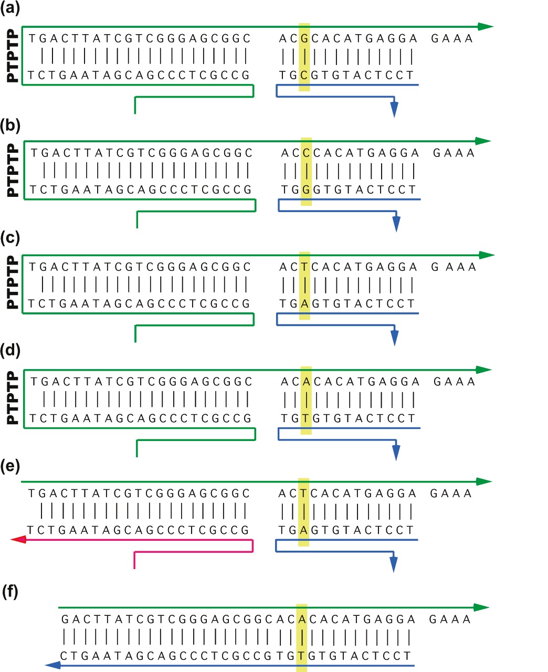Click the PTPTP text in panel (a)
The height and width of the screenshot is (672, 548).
click(12, 57)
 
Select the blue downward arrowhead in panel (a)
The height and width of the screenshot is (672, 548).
click(394, 109)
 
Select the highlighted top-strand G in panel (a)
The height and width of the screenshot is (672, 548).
click(304, 39)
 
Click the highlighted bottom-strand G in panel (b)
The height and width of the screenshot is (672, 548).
click(307, 190)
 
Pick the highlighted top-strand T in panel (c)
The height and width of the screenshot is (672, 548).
click(304, 267)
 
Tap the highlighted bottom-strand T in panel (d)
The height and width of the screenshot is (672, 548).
click(307, 418)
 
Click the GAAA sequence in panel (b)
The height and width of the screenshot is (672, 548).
click(454, 153)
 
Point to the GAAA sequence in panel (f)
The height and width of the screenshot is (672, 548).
click(450, 619)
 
